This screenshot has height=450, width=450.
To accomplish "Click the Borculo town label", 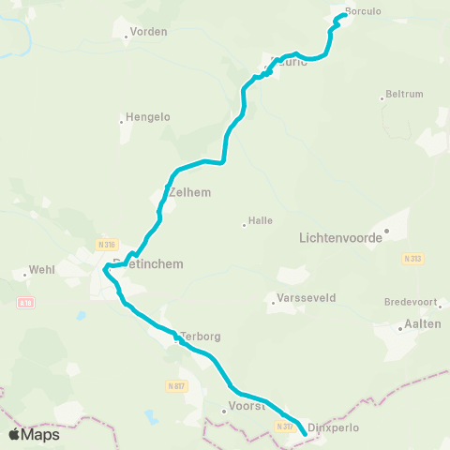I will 364,11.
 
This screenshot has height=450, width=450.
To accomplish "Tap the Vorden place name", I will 149,31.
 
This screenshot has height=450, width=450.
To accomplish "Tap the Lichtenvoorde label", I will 340,238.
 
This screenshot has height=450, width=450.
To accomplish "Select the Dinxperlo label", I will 334,427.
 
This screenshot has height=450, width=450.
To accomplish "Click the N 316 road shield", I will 107,244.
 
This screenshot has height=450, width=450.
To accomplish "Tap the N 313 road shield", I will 412,258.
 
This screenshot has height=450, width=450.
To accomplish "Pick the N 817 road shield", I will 175,385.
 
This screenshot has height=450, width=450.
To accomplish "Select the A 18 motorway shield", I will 25,303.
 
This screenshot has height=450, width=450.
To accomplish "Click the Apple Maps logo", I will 34,434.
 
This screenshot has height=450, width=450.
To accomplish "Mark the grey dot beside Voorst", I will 224,410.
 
